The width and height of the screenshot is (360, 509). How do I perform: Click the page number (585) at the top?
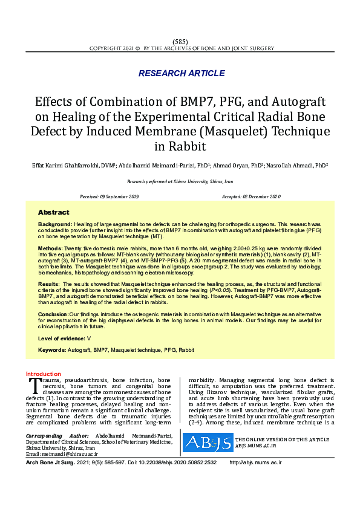point(180,41)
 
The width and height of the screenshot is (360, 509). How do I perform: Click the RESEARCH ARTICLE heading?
point(182,73)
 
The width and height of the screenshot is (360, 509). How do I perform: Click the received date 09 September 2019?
point(120,196)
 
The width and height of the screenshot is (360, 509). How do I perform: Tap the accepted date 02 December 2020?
point(260,196)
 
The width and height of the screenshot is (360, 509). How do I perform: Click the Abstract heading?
point(54,213)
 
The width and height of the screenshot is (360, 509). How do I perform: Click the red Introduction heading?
point(43,374)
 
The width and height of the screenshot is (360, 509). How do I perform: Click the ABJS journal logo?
point(207,443)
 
